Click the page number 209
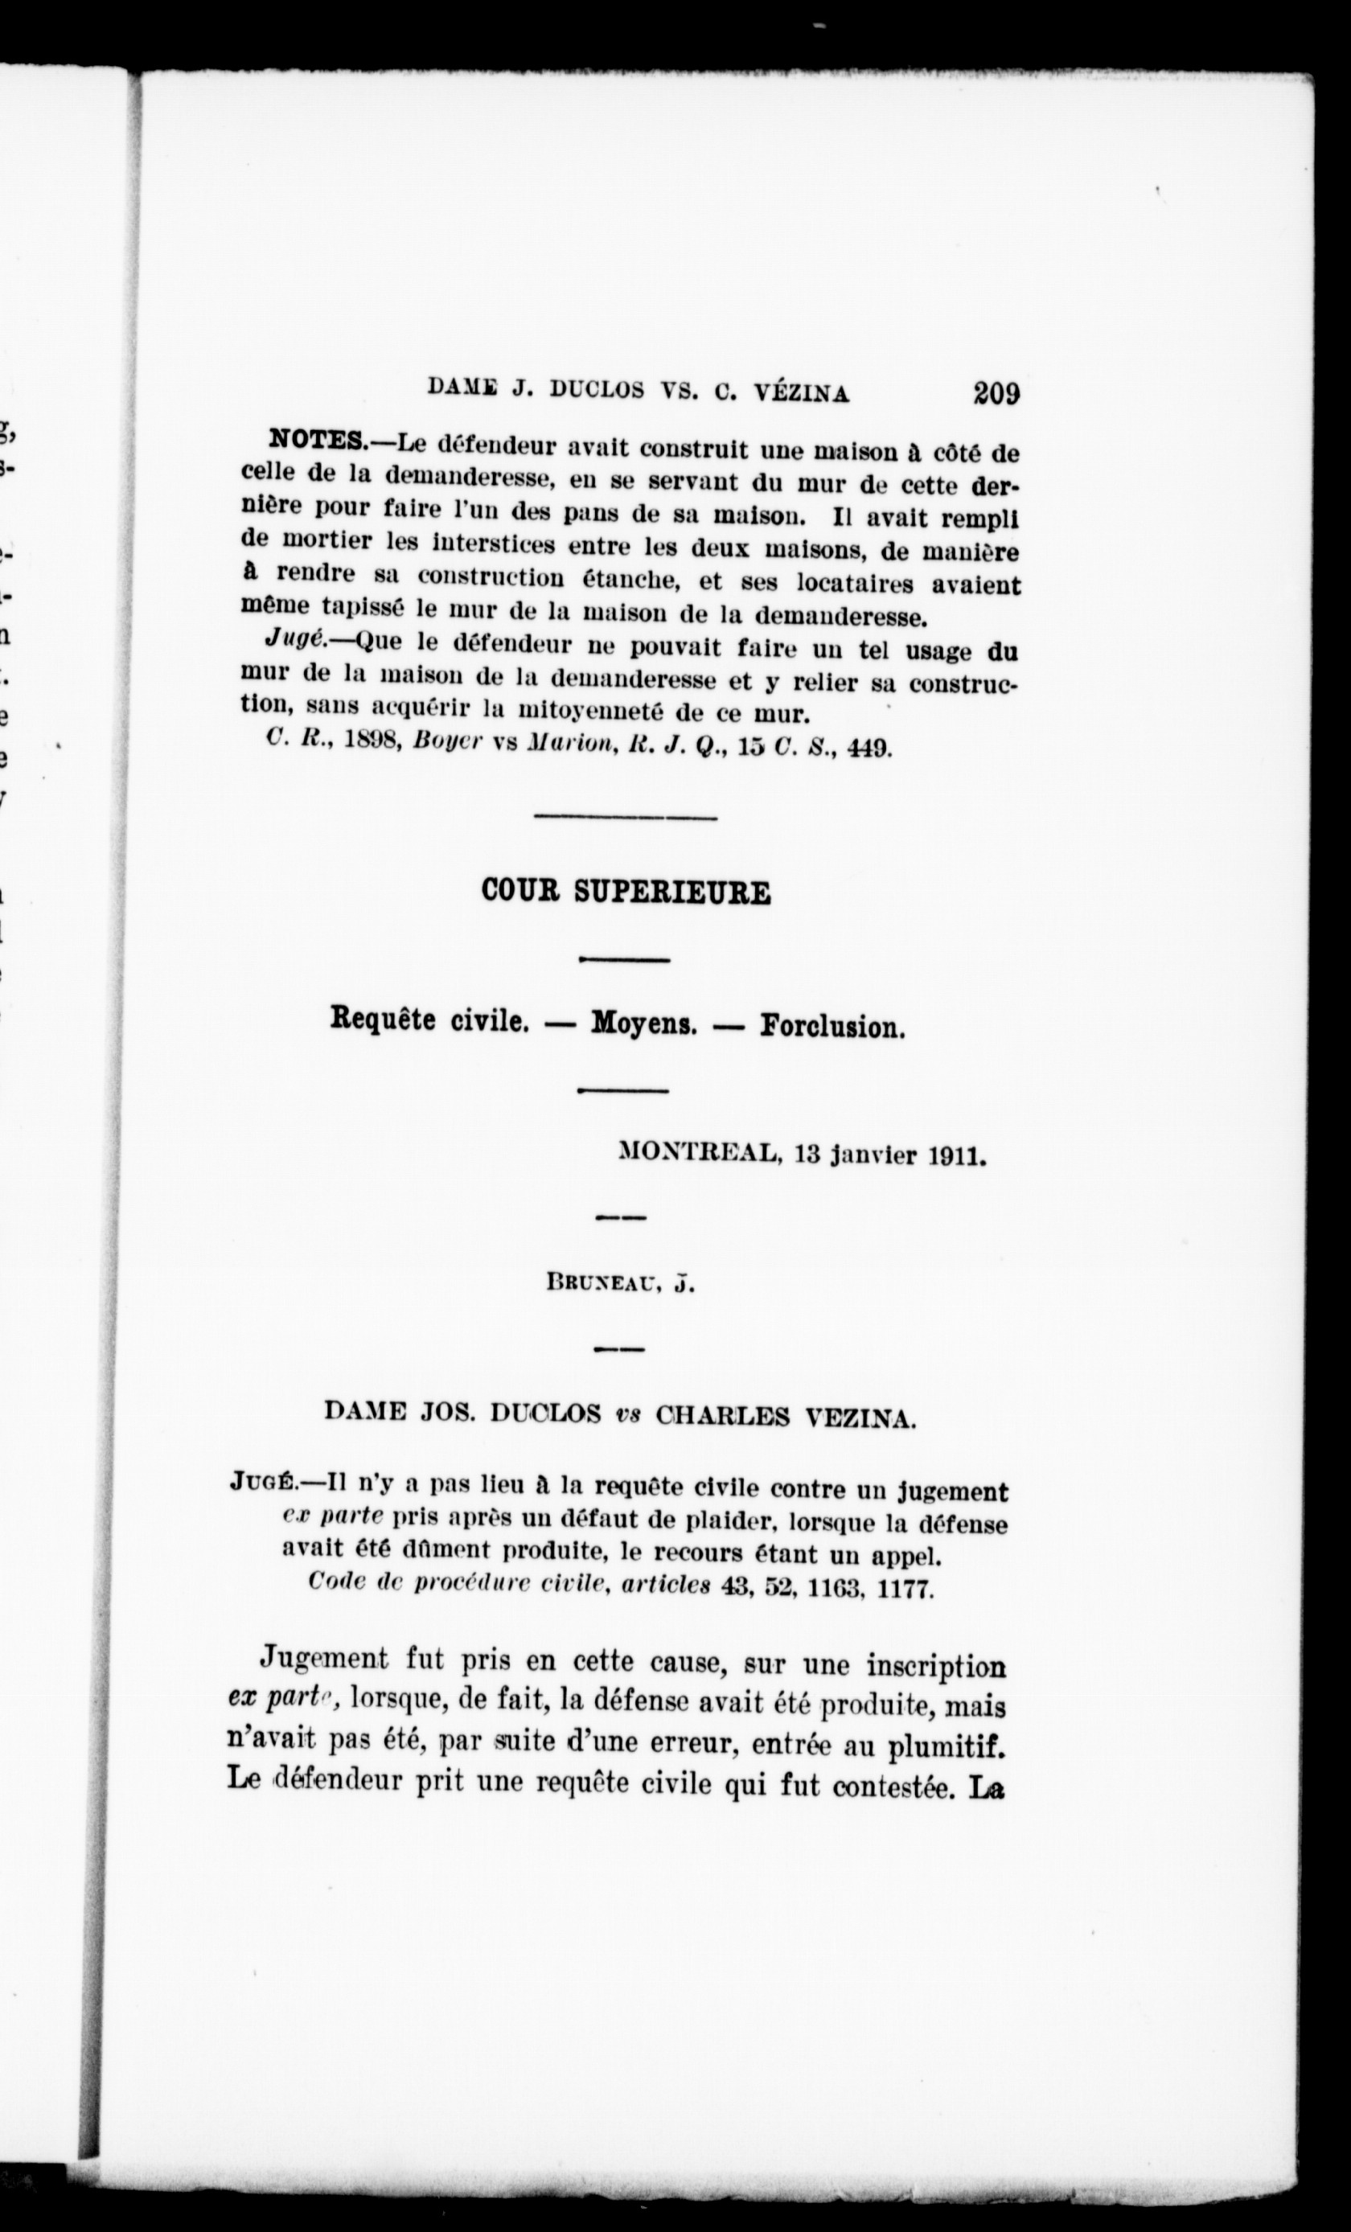(x=996, y=394)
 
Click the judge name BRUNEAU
(x=602, y=1282)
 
